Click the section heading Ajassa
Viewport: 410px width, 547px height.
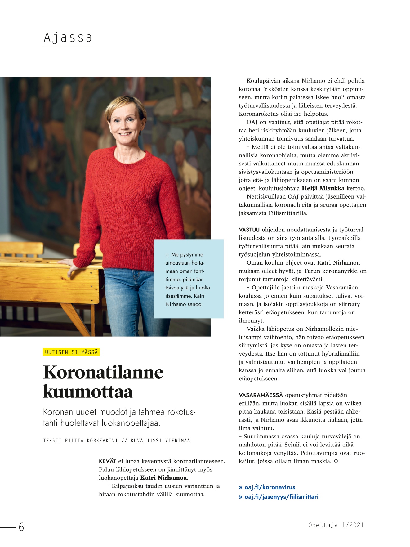tap(68, 38)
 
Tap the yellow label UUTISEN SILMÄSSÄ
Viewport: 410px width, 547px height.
tap(71, 352)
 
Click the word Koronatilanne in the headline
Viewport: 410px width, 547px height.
tap(103, 372)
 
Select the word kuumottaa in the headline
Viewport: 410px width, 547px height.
tap(88, 392)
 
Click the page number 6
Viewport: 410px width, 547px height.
tap(21, 527)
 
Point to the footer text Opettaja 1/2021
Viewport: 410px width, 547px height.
tap(336, 525)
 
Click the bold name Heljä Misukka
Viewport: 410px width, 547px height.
tap(323, 188)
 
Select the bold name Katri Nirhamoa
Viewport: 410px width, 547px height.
tap(164, 478)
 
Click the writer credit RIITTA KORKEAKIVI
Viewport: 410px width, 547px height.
tap(91, 441)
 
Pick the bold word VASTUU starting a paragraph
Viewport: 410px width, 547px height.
tap(249, 230)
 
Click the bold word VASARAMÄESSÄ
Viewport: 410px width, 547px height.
tap(261, 395)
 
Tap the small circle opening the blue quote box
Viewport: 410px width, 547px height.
tap(167, 255)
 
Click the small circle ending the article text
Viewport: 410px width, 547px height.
tap(336, 461)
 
